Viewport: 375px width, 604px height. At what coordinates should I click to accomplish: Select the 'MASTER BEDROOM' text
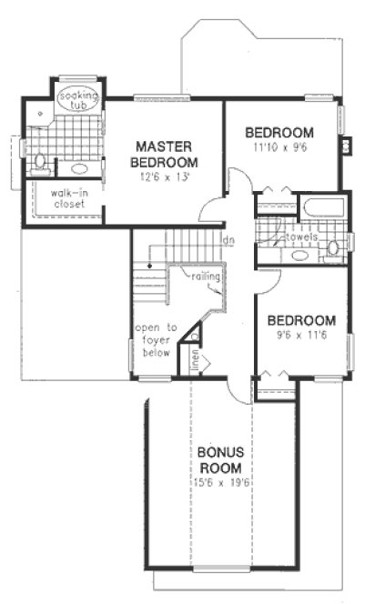165,153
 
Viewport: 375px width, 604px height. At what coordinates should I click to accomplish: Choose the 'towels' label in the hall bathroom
301,237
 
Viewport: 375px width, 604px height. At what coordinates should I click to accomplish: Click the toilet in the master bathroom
39,164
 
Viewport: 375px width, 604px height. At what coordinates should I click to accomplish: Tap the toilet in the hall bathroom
333,247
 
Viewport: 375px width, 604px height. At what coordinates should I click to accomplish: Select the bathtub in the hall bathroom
324,206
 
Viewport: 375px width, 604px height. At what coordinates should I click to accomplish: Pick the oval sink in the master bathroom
79,168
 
